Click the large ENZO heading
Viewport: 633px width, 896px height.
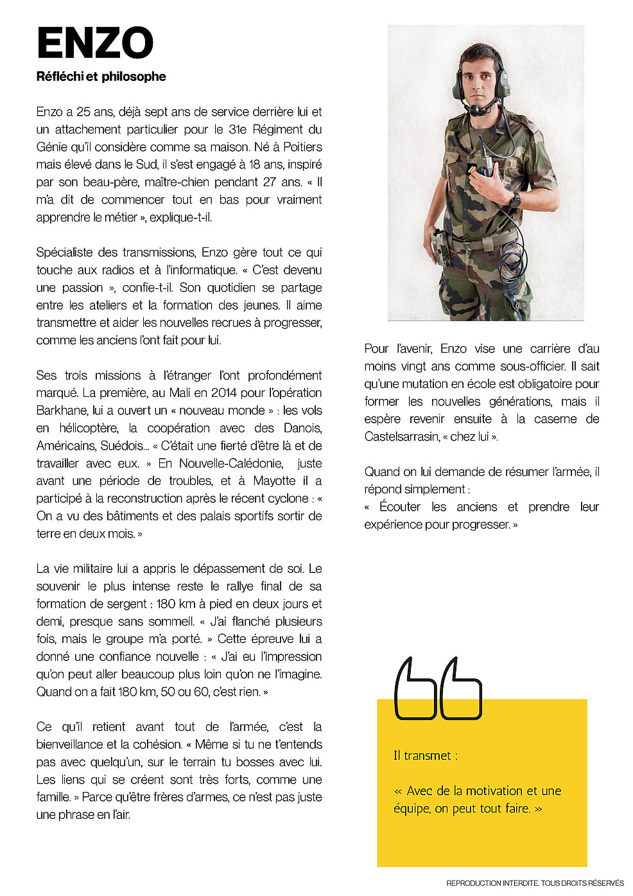click(95, 44)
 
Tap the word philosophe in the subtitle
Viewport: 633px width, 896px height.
click(136, 76)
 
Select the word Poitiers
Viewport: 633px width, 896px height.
click(302, 147)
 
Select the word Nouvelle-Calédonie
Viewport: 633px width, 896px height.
click(230, 463)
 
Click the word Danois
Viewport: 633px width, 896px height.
click(301, 428)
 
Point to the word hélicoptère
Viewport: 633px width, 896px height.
click(89, 428)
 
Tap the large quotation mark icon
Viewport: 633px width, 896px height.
click(437, 689)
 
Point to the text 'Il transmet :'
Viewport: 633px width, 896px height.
click(425, 756)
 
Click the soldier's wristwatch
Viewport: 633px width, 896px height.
click(514, 200)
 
